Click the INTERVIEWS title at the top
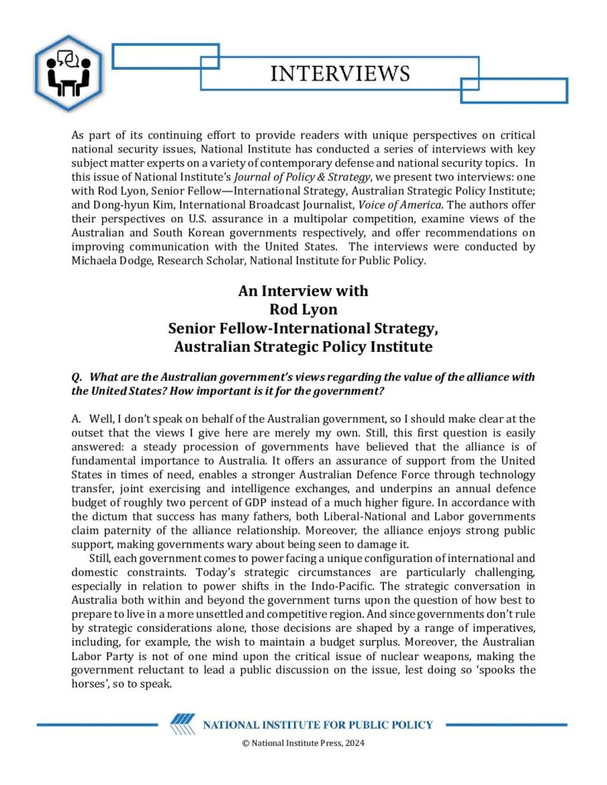[340, 74]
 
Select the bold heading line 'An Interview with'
[302, 291]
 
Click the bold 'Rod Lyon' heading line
[302, 310]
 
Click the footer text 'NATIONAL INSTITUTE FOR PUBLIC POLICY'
[317, 725]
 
